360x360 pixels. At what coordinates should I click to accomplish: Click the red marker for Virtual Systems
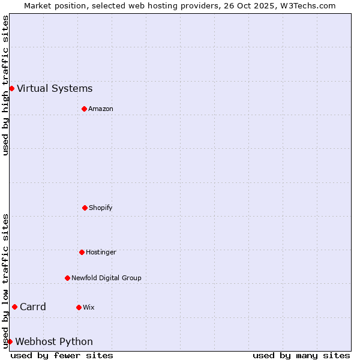(11, 88)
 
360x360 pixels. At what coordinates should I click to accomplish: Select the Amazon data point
(84, 109)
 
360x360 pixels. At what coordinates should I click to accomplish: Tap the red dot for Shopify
(85, 208)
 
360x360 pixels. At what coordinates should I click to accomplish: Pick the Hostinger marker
(82, 252)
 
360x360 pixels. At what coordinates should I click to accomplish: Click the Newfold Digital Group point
(67, 278)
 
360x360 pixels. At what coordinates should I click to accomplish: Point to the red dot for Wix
(79, 307)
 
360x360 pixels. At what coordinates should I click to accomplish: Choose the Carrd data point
(14, 307)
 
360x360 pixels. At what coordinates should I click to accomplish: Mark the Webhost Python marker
(10, 341)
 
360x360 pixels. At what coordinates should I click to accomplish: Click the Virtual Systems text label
(55, 89)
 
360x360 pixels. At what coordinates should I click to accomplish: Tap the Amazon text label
(100, 109)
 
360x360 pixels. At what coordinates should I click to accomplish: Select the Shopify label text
(100, 208)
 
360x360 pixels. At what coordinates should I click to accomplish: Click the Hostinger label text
(101, 252)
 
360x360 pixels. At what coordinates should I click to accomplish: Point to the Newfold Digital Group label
(106, 278)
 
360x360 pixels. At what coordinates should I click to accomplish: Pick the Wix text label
(88, 307)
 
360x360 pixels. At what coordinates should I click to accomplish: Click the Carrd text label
(33, 307)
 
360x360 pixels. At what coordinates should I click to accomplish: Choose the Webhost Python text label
(54, 342)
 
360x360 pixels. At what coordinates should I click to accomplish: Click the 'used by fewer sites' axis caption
(62, 355)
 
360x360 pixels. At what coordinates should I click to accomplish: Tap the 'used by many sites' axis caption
(301, 355)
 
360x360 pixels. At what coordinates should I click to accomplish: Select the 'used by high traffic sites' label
(5, 85)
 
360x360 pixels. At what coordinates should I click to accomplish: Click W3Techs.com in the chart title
(307, 5)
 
